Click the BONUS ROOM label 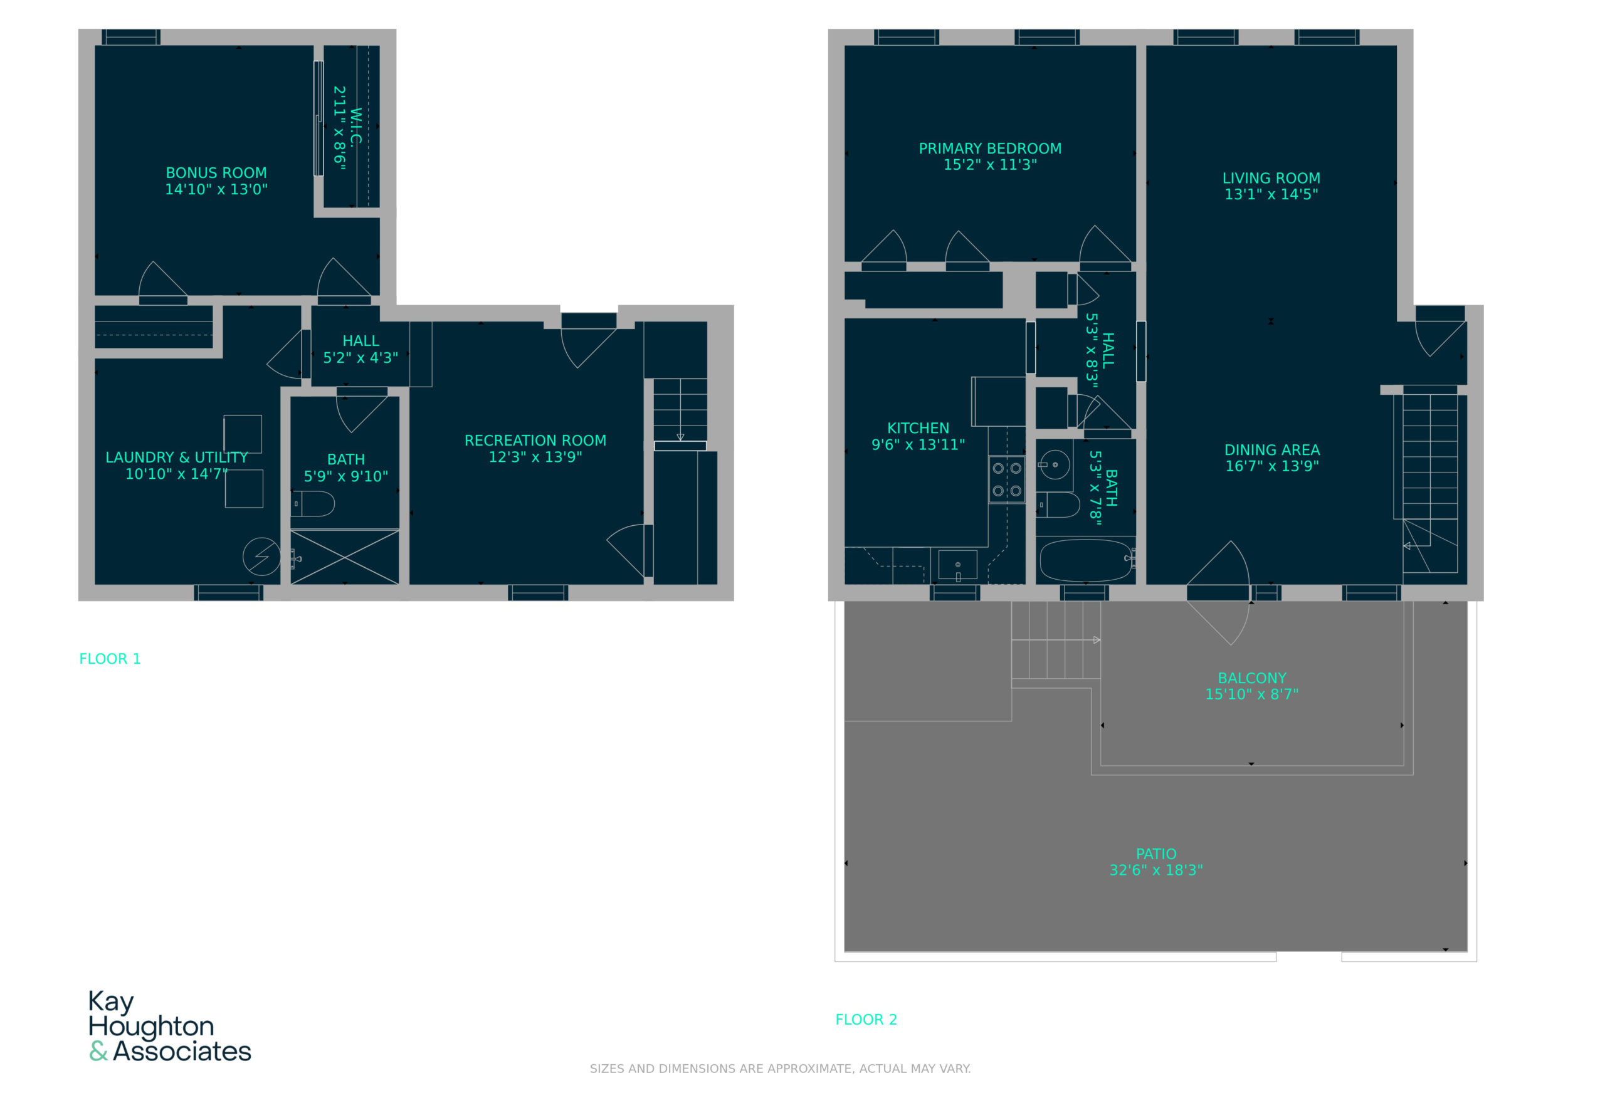click(216, 172)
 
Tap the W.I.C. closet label click(356, 127)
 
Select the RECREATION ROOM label click(535, 441)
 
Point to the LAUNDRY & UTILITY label click(177, 457)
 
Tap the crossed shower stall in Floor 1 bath click(345, 557)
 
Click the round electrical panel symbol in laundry click(261, 557)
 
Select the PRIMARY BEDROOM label click(990, 149)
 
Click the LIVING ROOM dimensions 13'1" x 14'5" click(1271, 195)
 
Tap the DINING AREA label click(1271, 450)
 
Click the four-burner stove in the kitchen click(1006, 479)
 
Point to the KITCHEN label click(918, 428)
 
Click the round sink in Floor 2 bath click(1055, 464)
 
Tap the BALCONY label click(1251, 678)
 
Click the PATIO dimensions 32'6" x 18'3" click(1155, 871)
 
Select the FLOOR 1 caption click(110, 659)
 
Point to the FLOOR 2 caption click(866, 1020)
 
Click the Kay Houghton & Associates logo click(170, 1026)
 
